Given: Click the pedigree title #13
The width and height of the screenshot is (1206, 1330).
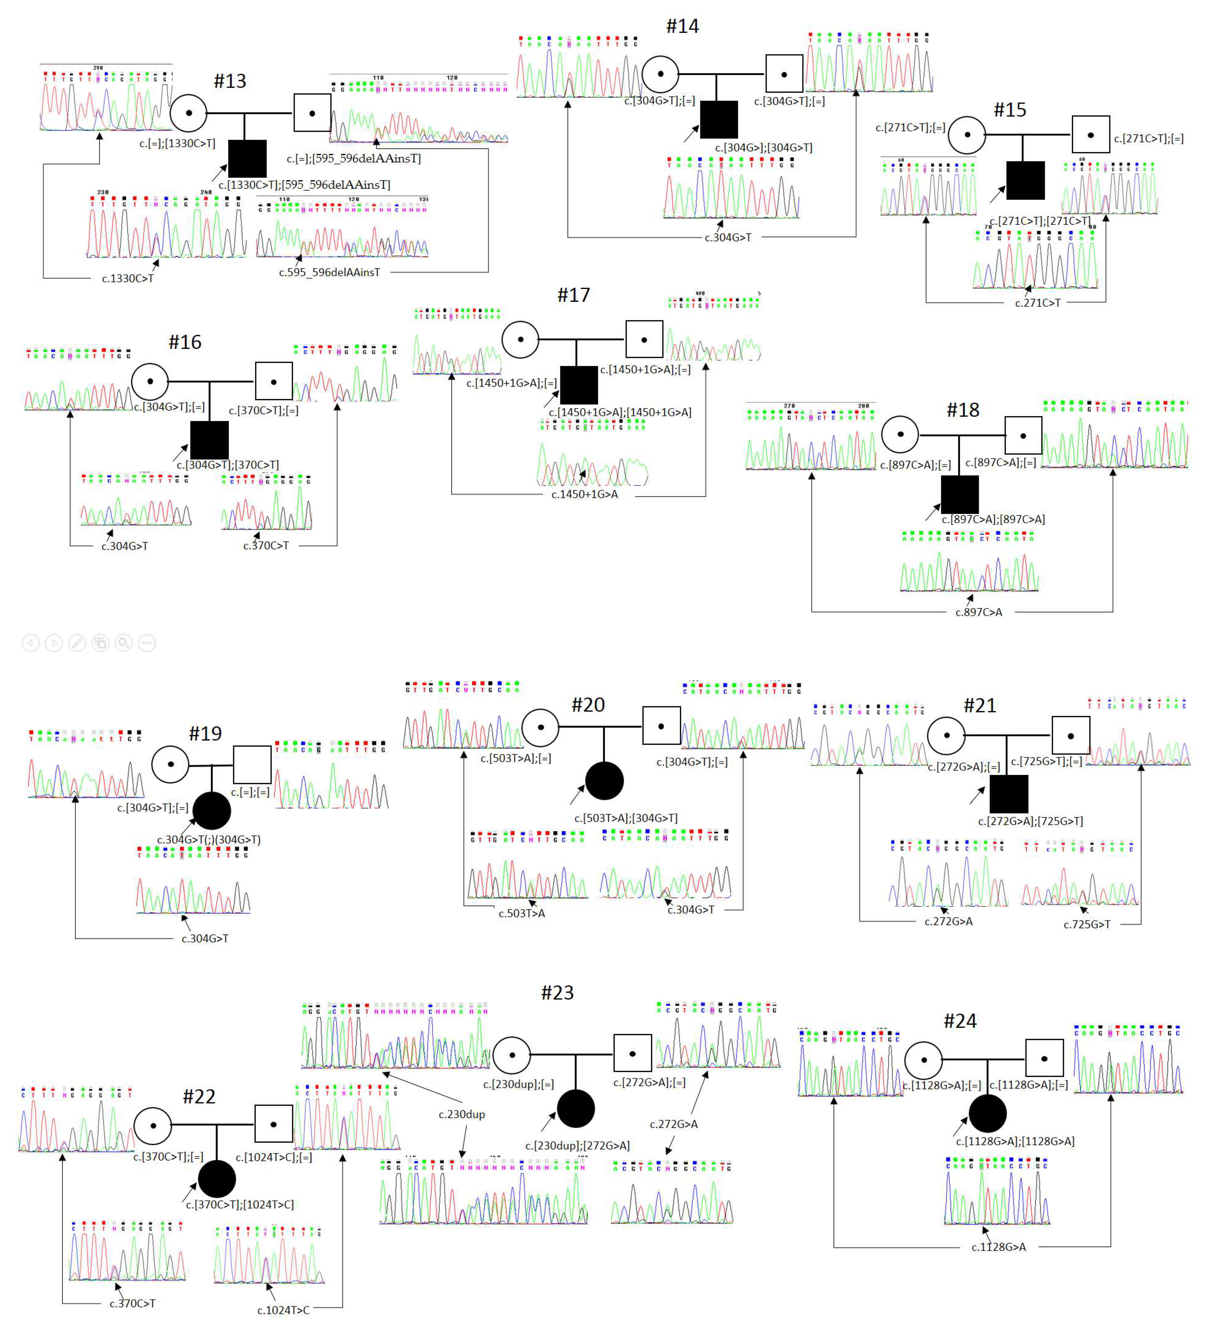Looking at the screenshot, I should coord(230,81).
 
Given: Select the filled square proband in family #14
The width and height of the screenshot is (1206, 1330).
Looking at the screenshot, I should coord(718,120).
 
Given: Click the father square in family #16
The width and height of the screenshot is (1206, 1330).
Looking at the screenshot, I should coord(273,381).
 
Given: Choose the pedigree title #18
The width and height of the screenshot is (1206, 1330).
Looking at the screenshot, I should coord(962,411).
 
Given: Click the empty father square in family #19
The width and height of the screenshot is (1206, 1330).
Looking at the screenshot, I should coord(252,765).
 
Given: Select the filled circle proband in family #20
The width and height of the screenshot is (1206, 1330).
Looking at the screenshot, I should coord(604,781).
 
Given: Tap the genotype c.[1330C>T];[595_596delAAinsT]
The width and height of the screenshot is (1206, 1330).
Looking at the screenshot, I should coord(304,185).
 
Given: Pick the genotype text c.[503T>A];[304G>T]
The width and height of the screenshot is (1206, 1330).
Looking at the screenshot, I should coord(626,818).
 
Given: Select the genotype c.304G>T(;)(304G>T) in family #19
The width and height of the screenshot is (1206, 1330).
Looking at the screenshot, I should coord(209,840).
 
